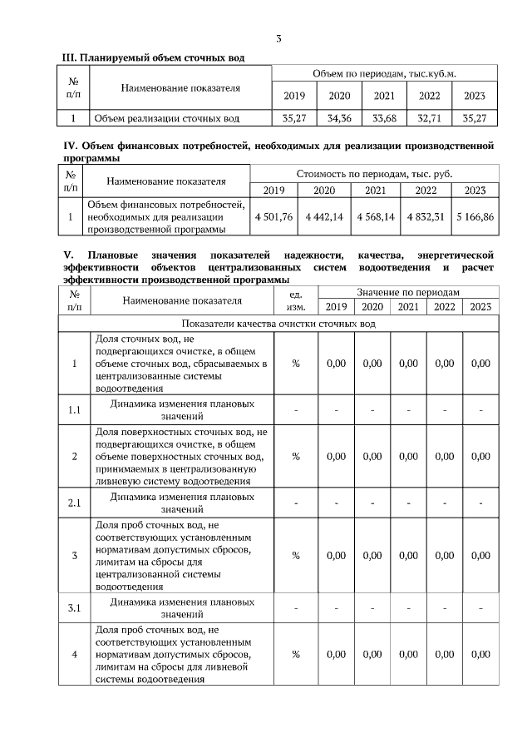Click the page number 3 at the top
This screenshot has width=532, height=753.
point(278,38)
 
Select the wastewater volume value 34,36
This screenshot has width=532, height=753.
point(339,119)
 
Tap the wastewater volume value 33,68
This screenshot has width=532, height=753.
point(384,119)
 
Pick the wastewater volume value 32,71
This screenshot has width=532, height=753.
point(429,119)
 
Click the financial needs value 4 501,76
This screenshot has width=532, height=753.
point(273,216)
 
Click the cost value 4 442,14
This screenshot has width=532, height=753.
point(324,216)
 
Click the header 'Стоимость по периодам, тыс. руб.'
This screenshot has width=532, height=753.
point(373,174)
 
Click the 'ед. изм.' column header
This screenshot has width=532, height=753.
point(295,300)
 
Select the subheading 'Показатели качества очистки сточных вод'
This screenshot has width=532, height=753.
point(278,323)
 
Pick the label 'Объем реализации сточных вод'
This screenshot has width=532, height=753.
point(167,119)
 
